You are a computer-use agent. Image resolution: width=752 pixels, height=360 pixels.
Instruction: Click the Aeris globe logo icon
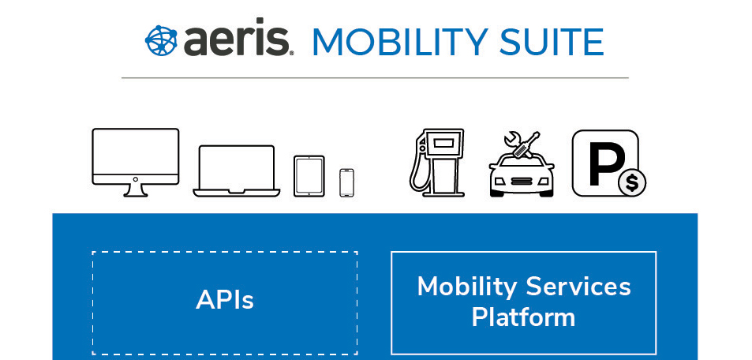(161, 41)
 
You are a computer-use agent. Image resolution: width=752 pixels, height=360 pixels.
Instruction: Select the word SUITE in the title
(551, 43)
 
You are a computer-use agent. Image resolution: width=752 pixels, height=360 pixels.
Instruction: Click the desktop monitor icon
(135, 163)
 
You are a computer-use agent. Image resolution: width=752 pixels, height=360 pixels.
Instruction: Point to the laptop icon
(237, 171)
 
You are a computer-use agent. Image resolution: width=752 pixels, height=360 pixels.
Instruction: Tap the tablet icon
(309, 176)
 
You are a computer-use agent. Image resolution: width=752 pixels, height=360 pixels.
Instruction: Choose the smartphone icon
(346, 182)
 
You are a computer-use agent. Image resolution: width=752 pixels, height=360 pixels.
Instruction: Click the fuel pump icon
(437, 163)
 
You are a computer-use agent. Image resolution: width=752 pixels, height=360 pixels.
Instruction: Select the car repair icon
(522, 164)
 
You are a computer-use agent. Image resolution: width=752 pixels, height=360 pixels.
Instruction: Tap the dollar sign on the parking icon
(632, 183)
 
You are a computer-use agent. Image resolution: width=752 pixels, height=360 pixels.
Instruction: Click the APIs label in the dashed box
(224, 301)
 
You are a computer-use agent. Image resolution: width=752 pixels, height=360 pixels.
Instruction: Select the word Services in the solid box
(578, 287)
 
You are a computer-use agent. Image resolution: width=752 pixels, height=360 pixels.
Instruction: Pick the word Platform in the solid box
(523, 317)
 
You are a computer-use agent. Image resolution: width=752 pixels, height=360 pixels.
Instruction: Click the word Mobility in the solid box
(467, 287)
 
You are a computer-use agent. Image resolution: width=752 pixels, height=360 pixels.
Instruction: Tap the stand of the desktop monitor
(135, 190)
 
